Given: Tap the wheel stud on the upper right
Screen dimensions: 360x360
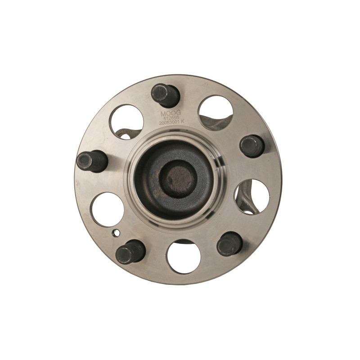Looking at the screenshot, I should click(x=252, y=146).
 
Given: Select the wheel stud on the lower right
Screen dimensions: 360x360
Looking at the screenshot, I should click(x=229, y=244).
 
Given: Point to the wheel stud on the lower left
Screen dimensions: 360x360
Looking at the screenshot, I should click(x=130, y=251).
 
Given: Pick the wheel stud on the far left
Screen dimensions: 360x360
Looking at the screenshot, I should click(x=91, y=161).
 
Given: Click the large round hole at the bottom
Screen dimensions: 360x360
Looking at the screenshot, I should click(x=183, y=256).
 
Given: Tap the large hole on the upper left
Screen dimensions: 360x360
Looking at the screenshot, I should click(x=126, y=121).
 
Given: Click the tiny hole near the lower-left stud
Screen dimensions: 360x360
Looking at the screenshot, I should click(x=116, y=233).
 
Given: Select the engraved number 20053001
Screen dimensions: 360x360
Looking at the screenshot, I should click(x=167, y=123).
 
